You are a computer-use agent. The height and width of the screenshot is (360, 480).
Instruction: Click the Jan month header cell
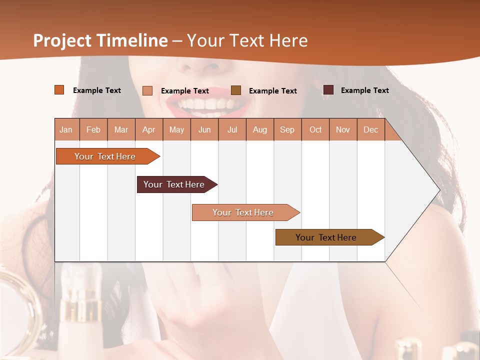click(66, 129)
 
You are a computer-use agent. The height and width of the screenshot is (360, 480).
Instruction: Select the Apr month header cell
click(149, 129)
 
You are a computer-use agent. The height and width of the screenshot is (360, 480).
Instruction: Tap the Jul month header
click(232, 129)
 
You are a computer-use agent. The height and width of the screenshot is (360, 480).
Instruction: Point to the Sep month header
click(287, 129)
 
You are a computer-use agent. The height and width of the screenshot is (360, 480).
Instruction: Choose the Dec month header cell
click(370, 129)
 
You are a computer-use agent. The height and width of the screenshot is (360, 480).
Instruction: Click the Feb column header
click(93, 129)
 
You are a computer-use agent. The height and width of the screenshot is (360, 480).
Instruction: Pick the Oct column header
click(315, 129)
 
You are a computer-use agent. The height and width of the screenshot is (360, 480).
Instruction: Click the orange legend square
click(59, 90)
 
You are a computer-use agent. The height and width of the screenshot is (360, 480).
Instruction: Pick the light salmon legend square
click(147, 90)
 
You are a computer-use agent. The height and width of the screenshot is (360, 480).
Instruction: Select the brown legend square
click(236, 90)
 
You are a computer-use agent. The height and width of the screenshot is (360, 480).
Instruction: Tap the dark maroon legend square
click(328, 90)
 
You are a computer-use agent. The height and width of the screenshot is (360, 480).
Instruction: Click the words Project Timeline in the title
click(100, 40)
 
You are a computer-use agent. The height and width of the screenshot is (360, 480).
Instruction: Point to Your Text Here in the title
click(247, 40)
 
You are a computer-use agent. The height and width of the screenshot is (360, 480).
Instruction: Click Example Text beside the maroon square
click(364, 90)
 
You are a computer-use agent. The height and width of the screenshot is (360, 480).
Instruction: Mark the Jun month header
click(204, 129)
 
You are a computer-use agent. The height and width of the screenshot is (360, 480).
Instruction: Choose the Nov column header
click(343, 129)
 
